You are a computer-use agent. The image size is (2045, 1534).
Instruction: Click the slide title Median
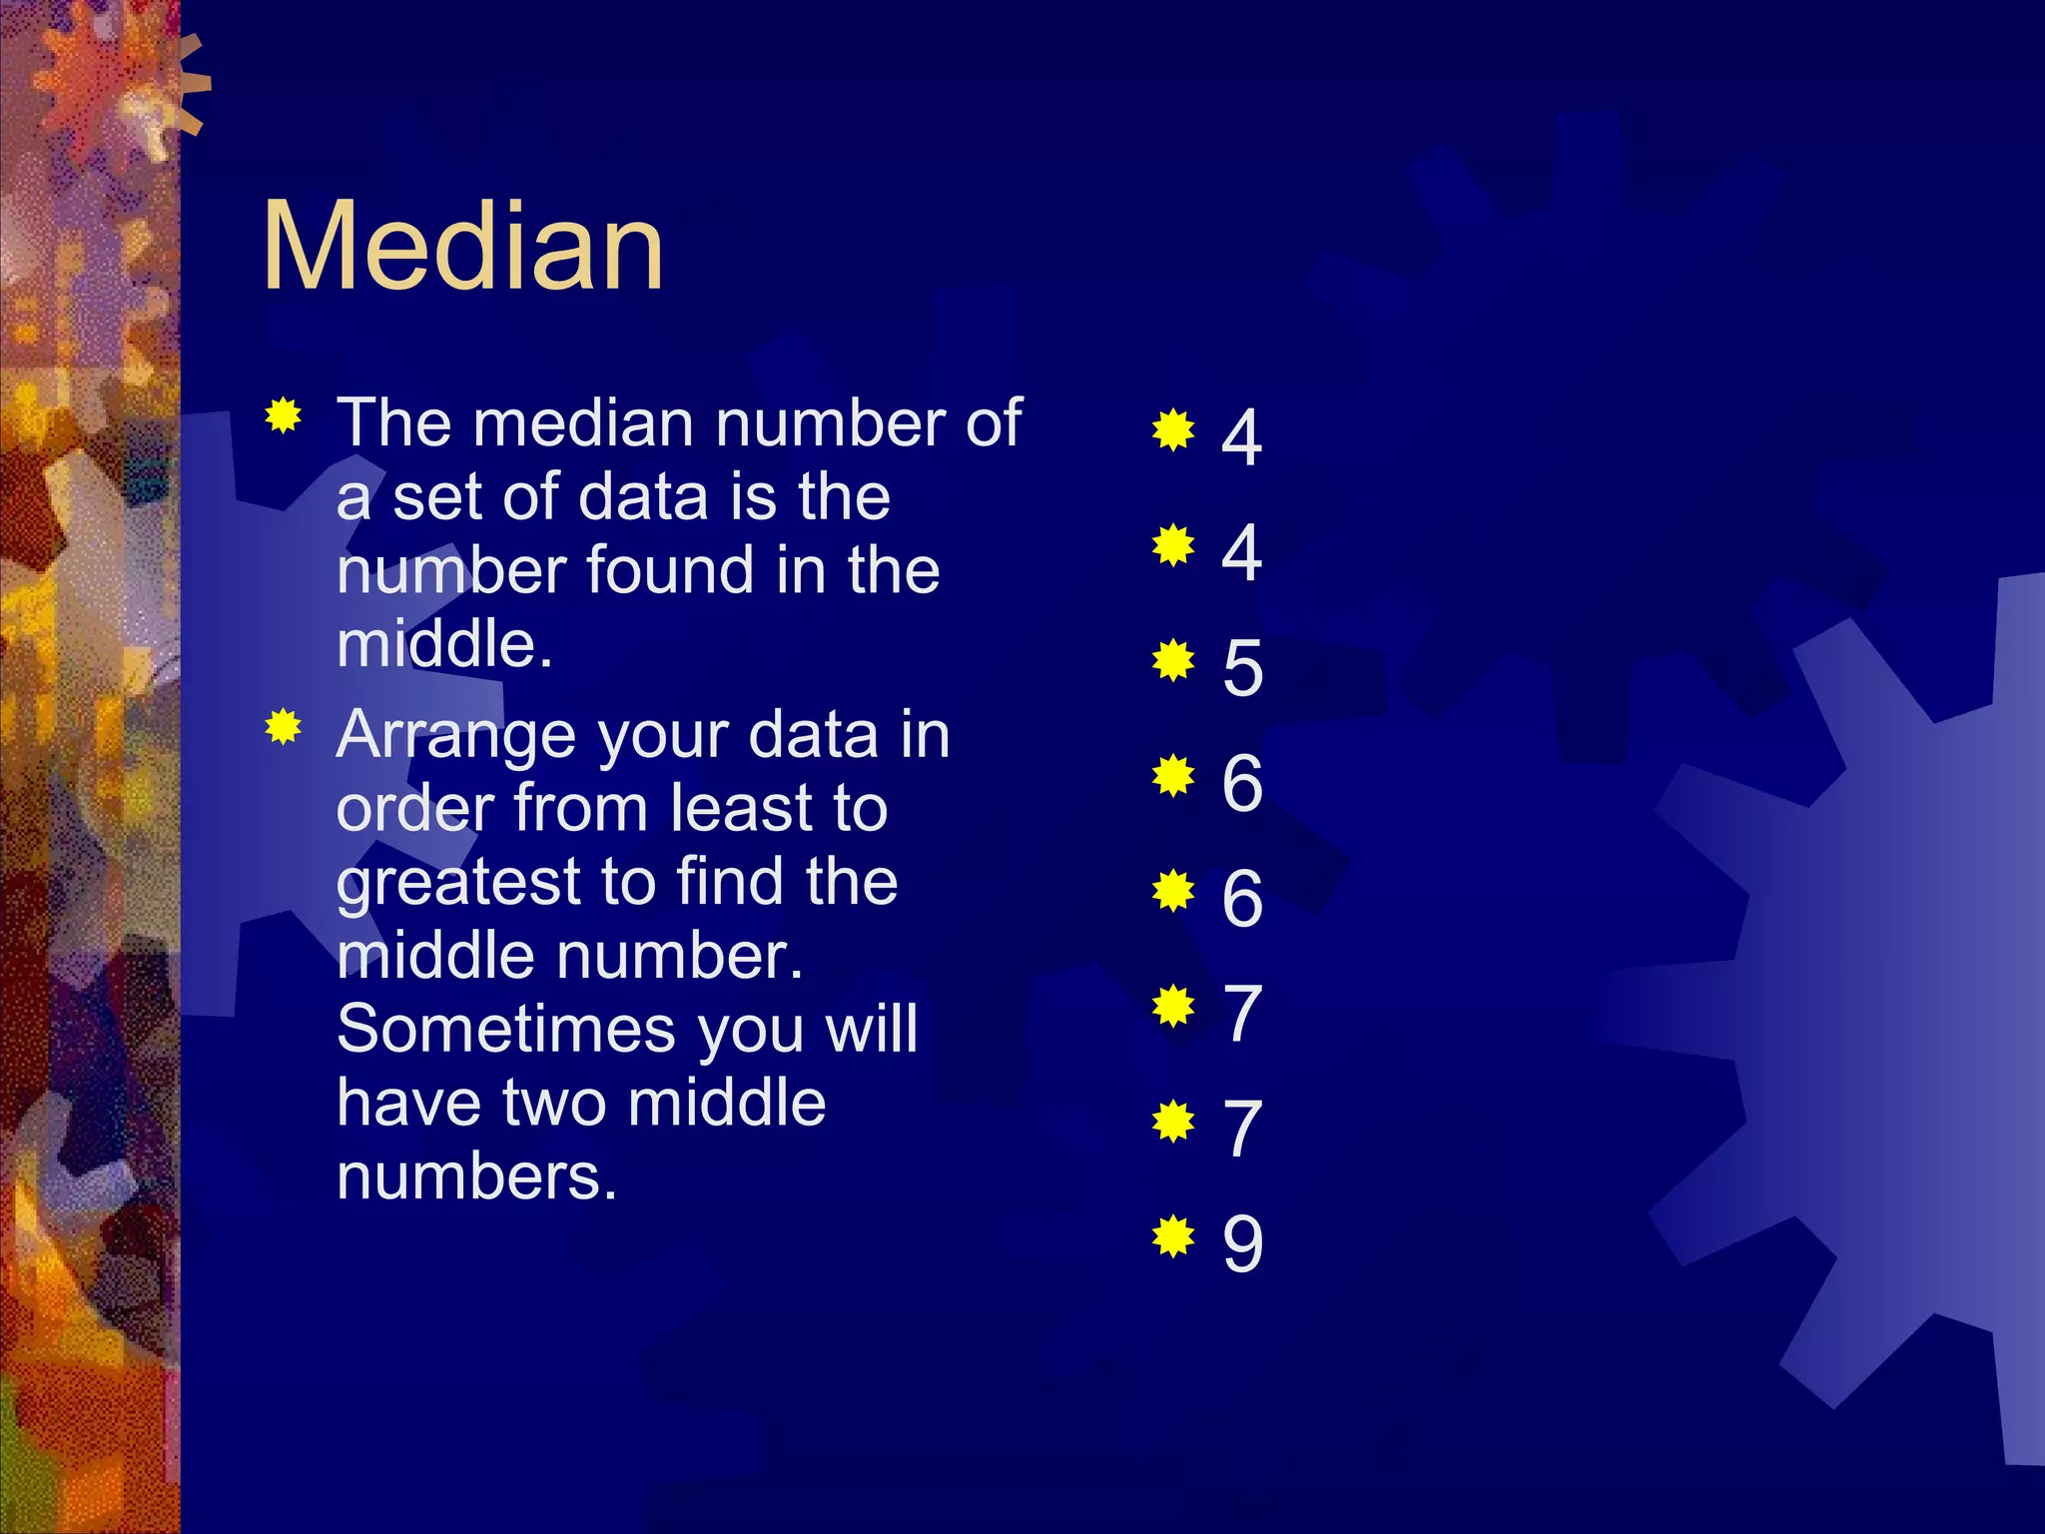click(462, 246)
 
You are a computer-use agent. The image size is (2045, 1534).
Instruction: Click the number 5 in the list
click(1242, 667)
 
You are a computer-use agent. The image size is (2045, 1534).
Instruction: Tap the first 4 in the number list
click(1241, 436)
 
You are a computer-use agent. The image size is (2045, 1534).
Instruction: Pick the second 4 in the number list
click(1241, 551)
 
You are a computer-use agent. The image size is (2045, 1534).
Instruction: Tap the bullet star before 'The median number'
click(284, 415)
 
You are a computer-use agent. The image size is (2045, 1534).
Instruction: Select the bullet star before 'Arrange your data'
click(284, 727)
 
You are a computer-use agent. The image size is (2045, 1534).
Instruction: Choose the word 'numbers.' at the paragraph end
click(476, 1176)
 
